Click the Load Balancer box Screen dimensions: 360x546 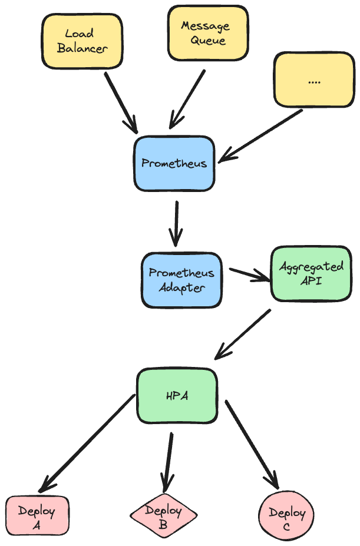click(82, 41)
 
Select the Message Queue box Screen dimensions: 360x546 click(208, 33)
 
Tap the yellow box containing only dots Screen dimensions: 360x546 click(315, 80)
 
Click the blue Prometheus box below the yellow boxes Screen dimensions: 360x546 click(174, 163)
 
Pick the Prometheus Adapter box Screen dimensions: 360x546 click(181, 280)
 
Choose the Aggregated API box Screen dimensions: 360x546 click(311, 273)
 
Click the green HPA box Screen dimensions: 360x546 click(177, 396)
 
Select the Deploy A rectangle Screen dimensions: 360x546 click(37, 515)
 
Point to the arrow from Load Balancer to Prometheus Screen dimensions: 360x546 click(121, 102)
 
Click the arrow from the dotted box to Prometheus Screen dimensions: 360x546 click(260, 136)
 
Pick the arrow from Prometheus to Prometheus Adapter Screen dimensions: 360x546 click(176, 224)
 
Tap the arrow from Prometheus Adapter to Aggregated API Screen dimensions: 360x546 click(250, 274)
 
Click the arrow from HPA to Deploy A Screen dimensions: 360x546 click(87, 443)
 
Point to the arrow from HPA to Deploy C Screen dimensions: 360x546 click(252, 445)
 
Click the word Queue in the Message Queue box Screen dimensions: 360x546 click(208, 40)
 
